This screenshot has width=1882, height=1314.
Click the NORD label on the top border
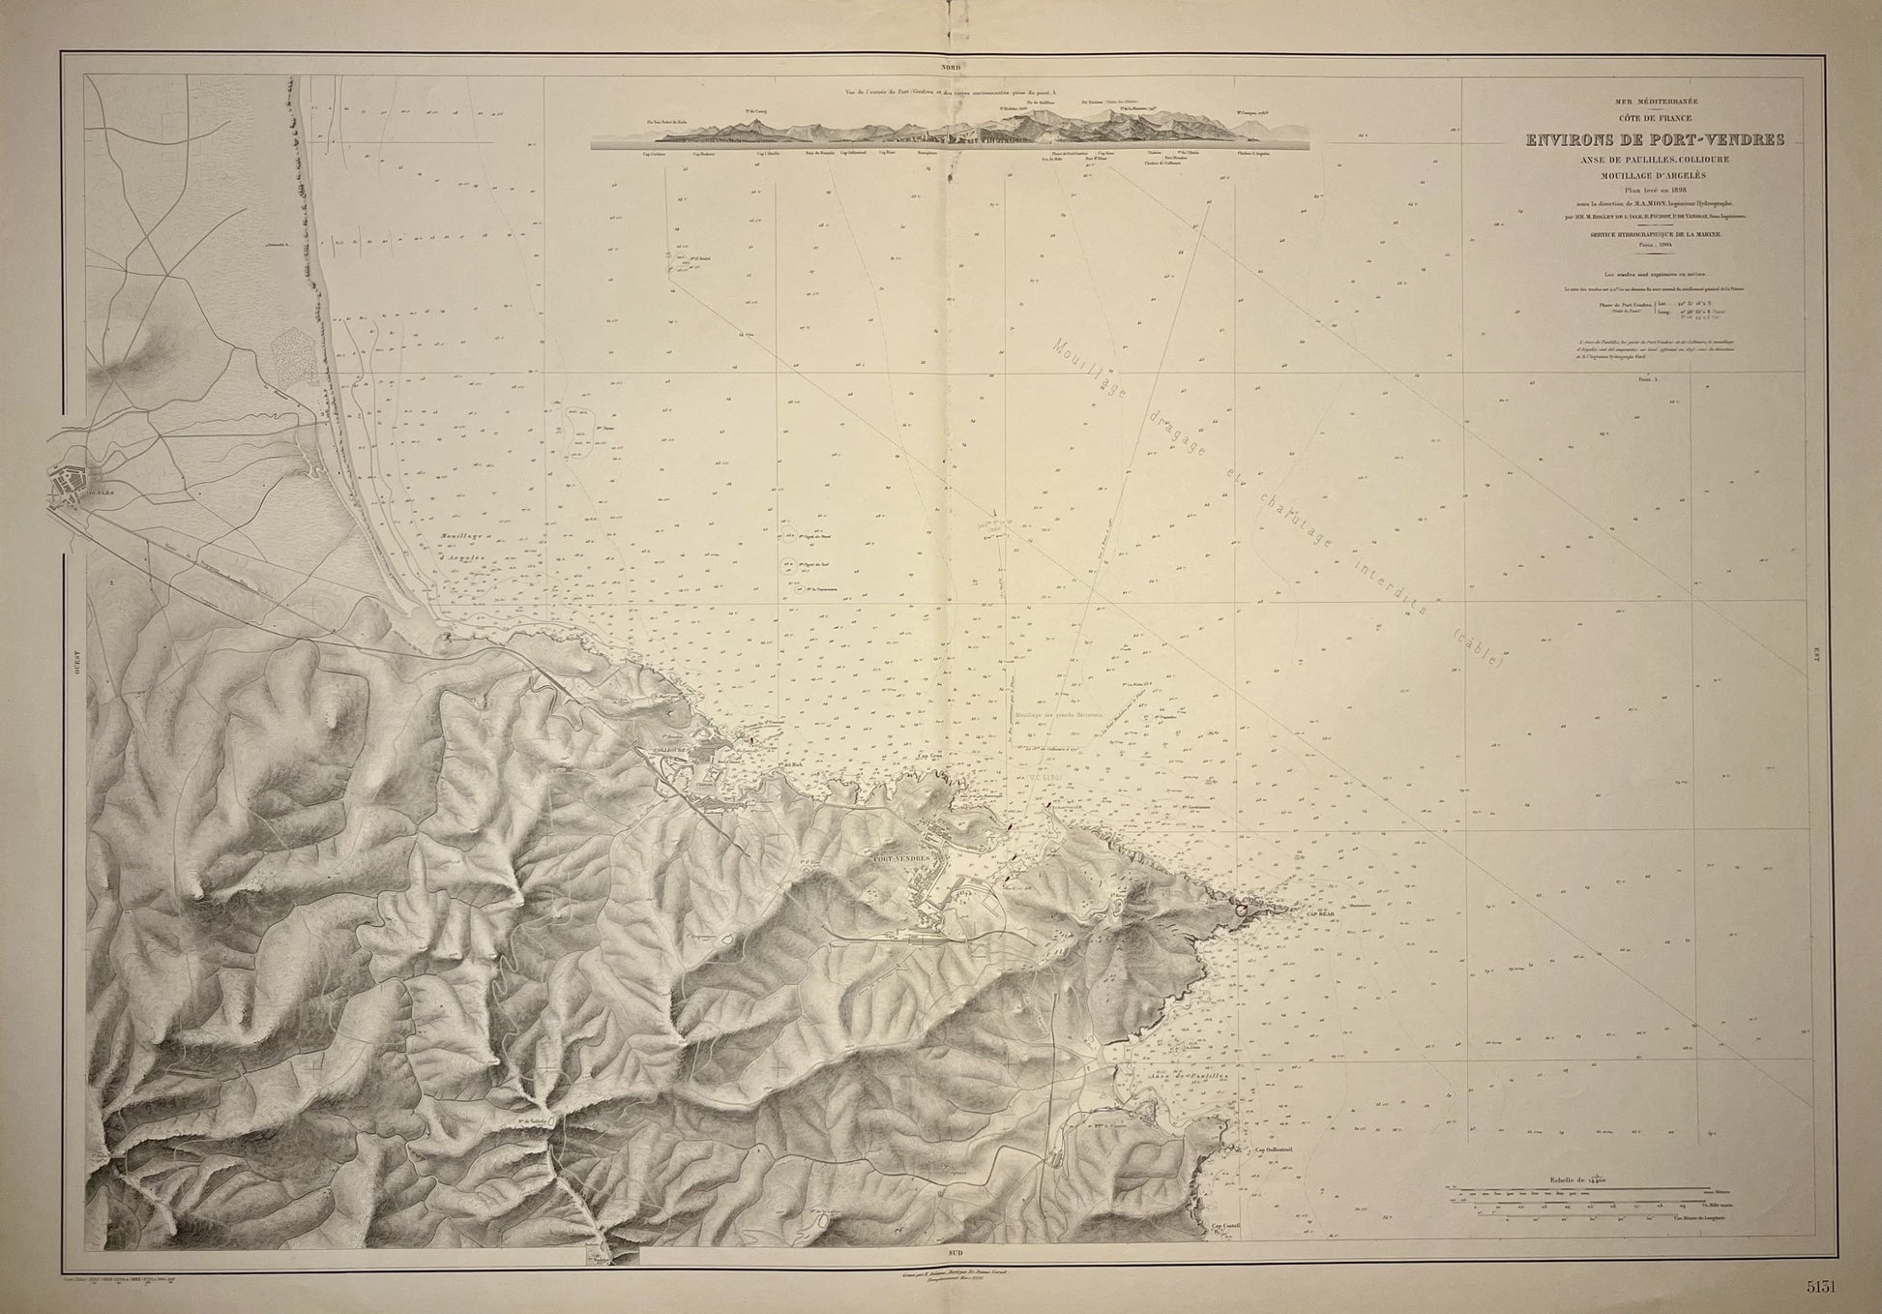pyautogui.click(x=940, y=69)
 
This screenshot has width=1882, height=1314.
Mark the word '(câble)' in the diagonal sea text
pyautogui.click(x=1479, y=647)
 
